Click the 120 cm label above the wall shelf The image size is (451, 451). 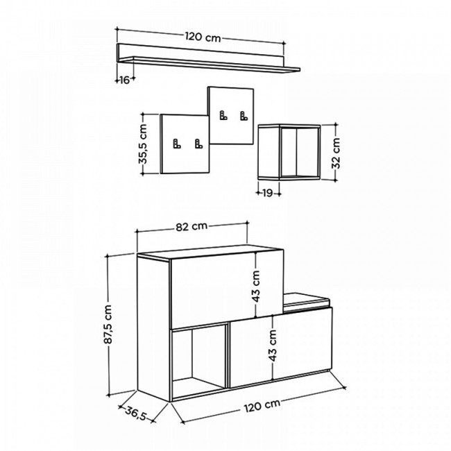(x=203, y=37)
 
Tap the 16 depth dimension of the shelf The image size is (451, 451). (x=124, y=80)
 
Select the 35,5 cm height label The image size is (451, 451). (x=143, y=144)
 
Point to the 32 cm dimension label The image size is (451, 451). (x=336, y=153)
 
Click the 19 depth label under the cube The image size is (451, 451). (x=267, y=193)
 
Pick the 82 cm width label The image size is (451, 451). (x=192, y=227)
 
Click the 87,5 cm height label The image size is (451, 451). (x=108, y=325)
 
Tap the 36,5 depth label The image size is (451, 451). (x=136, y=413)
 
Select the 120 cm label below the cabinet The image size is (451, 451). (x=262, y=405)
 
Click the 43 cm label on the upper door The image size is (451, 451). (x=256, y=287)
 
